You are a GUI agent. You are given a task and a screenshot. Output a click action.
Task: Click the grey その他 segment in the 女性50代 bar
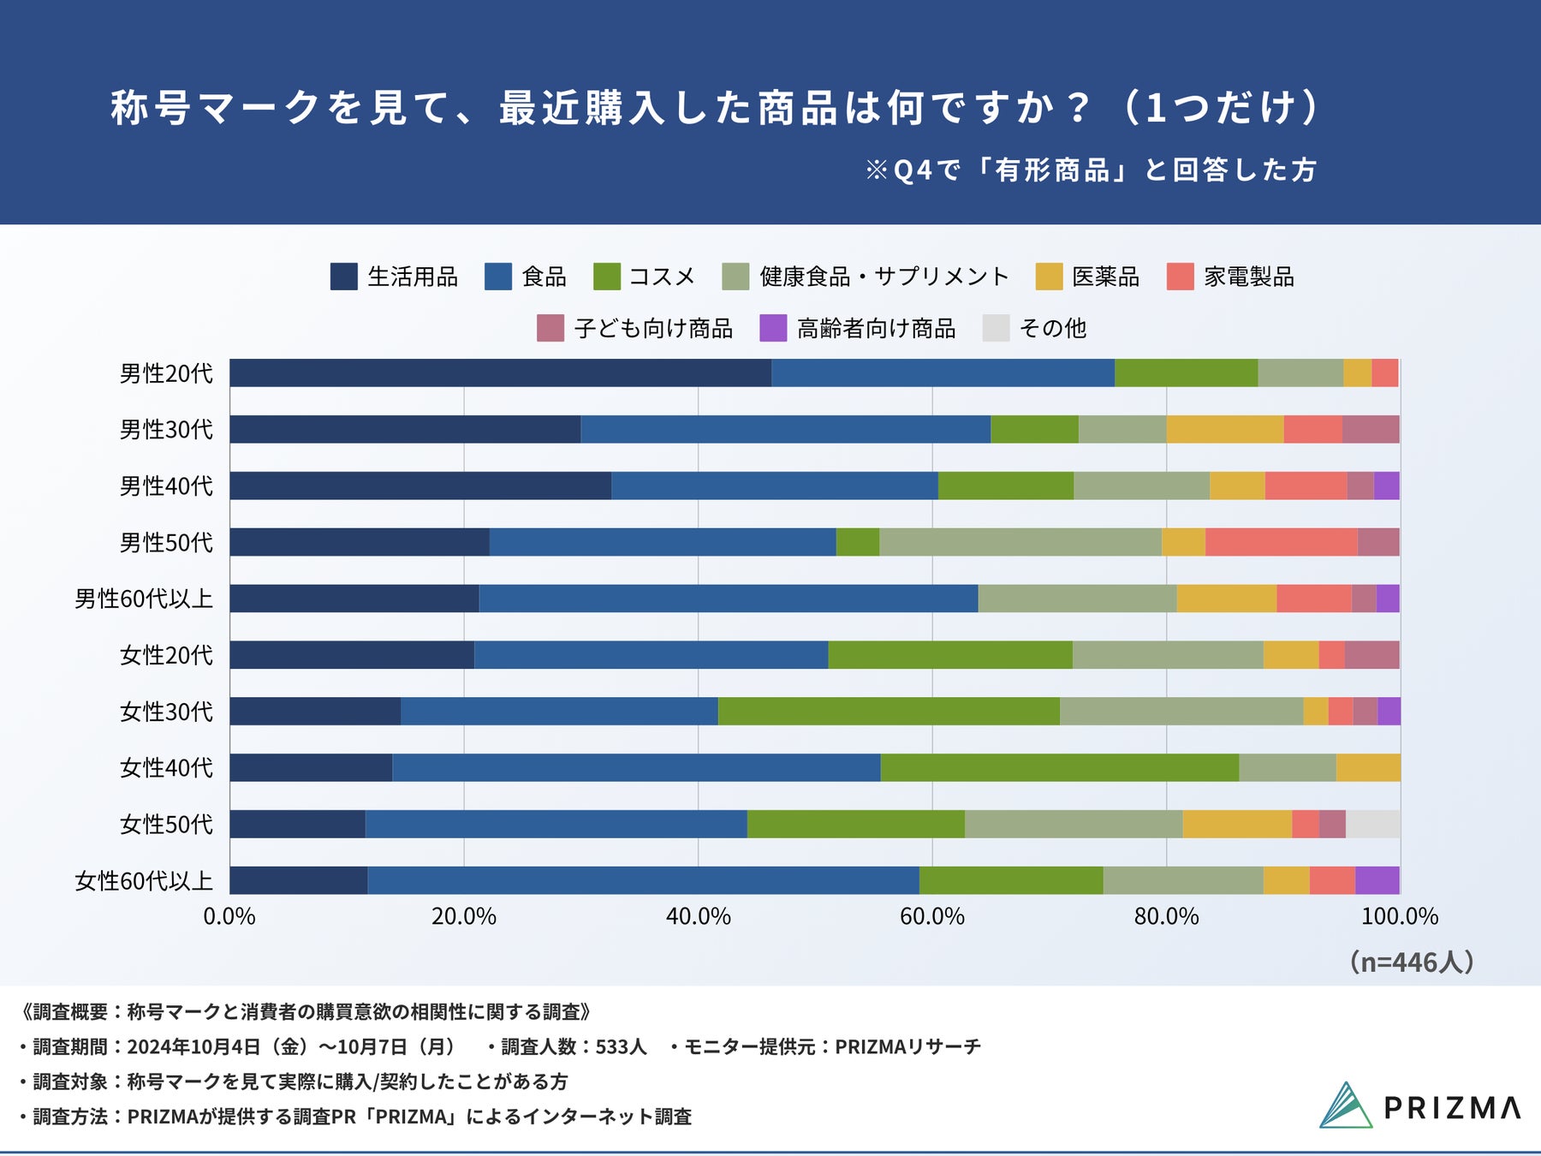click(x=1372, y=824)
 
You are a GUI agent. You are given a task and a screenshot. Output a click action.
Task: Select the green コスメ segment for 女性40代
click(x=1059, y=767)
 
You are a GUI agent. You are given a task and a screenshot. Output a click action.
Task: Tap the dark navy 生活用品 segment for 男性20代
click(x=500, y=372)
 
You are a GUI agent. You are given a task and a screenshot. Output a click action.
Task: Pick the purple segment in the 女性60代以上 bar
click(x=1377, y=880)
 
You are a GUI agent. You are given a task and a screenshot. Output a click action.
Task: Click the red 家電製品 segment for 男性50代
click(x=1281, y=542)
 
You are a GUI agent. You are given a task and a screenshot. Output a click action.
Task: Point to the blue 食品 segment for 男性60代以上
click(x=728, y=599)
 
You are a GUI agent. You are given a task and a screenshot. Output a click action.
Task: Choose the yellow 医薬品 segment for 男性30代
click(x=1224, y=429)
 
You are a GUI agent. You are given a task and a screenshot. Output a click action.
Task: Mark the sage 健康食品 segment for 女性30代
click(x=1181, y=711)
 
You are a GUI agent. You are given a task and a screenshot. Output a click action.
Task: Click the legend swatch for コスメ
click(x=606, y=277)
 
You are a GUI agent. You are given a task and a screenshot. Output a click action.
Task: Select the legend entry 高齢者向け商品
click(x=876, y=329)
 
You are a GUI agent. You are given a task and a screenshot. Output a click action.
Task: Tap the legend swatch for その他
click(x=996, y=329)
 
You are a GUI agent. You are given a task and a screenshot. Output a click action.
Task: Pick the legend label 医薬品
click(x=1105, y=277)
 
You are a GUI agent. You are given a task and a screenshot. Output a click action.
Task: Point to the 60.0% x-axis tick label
click(x=931, y=916)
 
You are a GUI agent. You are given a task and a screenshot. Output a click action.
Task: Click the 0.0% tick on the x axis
click(x=229, y=916)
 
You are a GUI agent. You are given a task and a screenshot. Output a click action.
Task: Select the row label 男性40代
click(x=166, y=486)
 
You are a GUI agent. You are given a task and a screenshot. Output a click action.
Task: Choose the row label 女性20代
click(x=166, y=655)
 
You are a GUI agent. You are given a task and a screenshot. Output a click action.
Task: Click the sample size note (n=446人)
click(x=1411, y=962)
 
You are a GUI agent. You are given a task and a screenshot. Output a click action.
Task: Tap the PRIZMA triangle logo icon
click(x=1345, y=1105)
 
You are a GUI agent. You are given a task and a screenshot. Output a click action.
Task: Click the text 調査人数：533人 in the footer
click(x=574, y=1046)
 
